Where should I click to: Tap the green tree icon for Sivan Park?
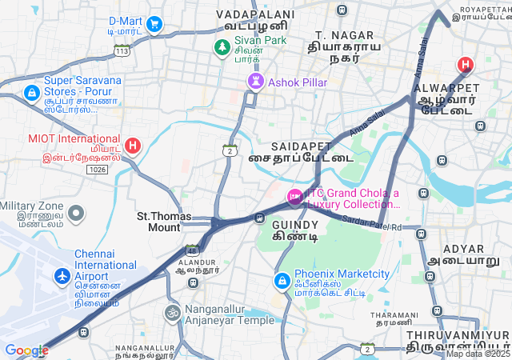coord(222,48)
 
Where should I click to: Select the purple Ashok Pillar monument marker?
coord(255,82)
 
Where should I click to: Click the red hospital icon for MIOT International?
coord(133,146)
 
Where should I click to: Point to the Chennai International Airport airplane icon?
coord(62,276)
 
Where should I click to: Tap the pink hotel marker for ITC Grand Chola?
coord(294,196)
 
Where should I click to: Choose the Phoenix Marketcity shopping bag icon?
coord(282,282)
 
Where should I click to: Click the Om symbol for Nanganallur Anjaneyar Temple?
coord(172,312)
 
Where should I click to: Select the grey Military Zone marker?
coord(76,213)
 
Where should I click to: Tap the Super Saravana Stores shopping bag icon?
coord(31,94)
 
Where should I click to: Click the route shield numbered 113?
coord(122,50)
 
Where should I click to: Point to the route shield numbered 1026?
coord(98,170)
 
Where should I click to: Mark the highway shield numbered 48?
coord(192,250)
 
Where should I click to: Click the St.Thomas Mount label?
coord(158,222)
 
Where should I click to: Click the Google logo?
coord(26,350)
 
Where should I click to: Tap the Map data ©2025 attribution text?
coord(478,354)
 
